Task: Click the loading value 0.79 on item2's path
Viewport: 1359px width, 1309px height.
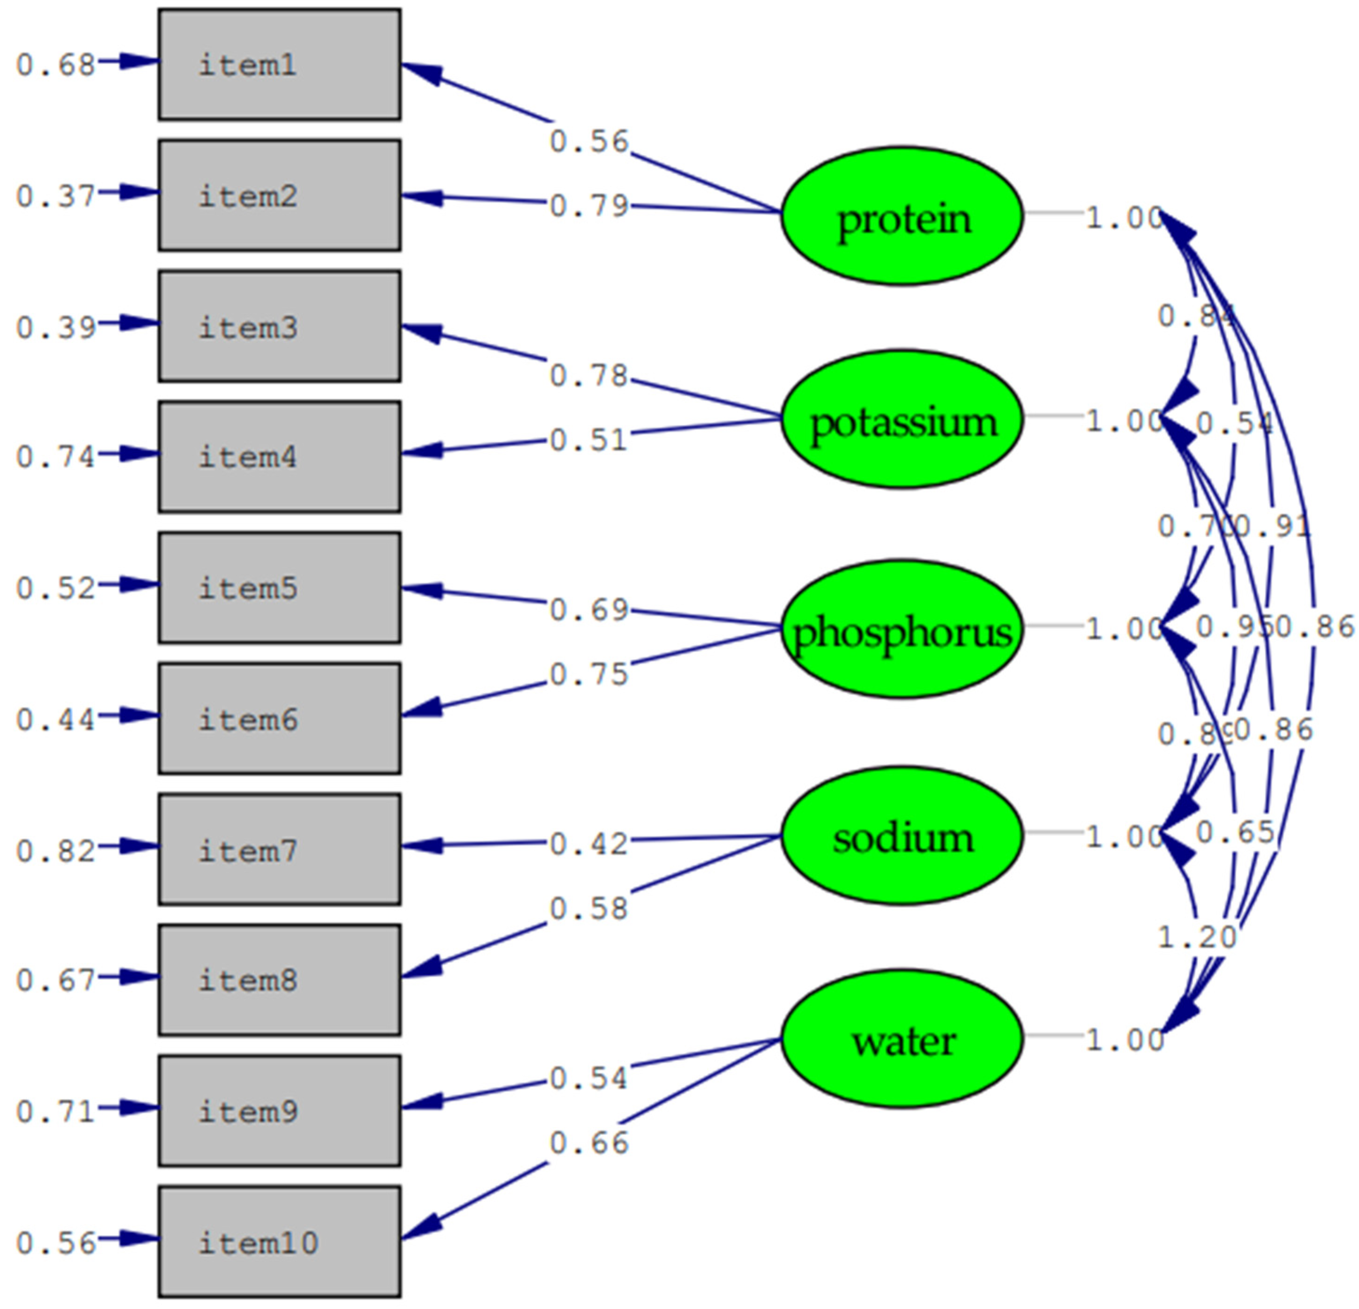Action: point(589,206)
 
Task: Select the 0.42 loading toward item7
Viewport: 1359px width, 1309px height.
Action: point(589,844)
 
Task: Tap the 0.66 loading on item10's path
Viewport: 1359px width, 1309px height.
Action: point(589,1142)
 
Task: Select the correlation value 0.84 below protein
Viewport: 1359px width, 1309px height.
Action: point(1197,317)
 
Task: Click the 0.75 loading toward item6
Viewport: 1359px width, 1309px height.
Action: point(589,674)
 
